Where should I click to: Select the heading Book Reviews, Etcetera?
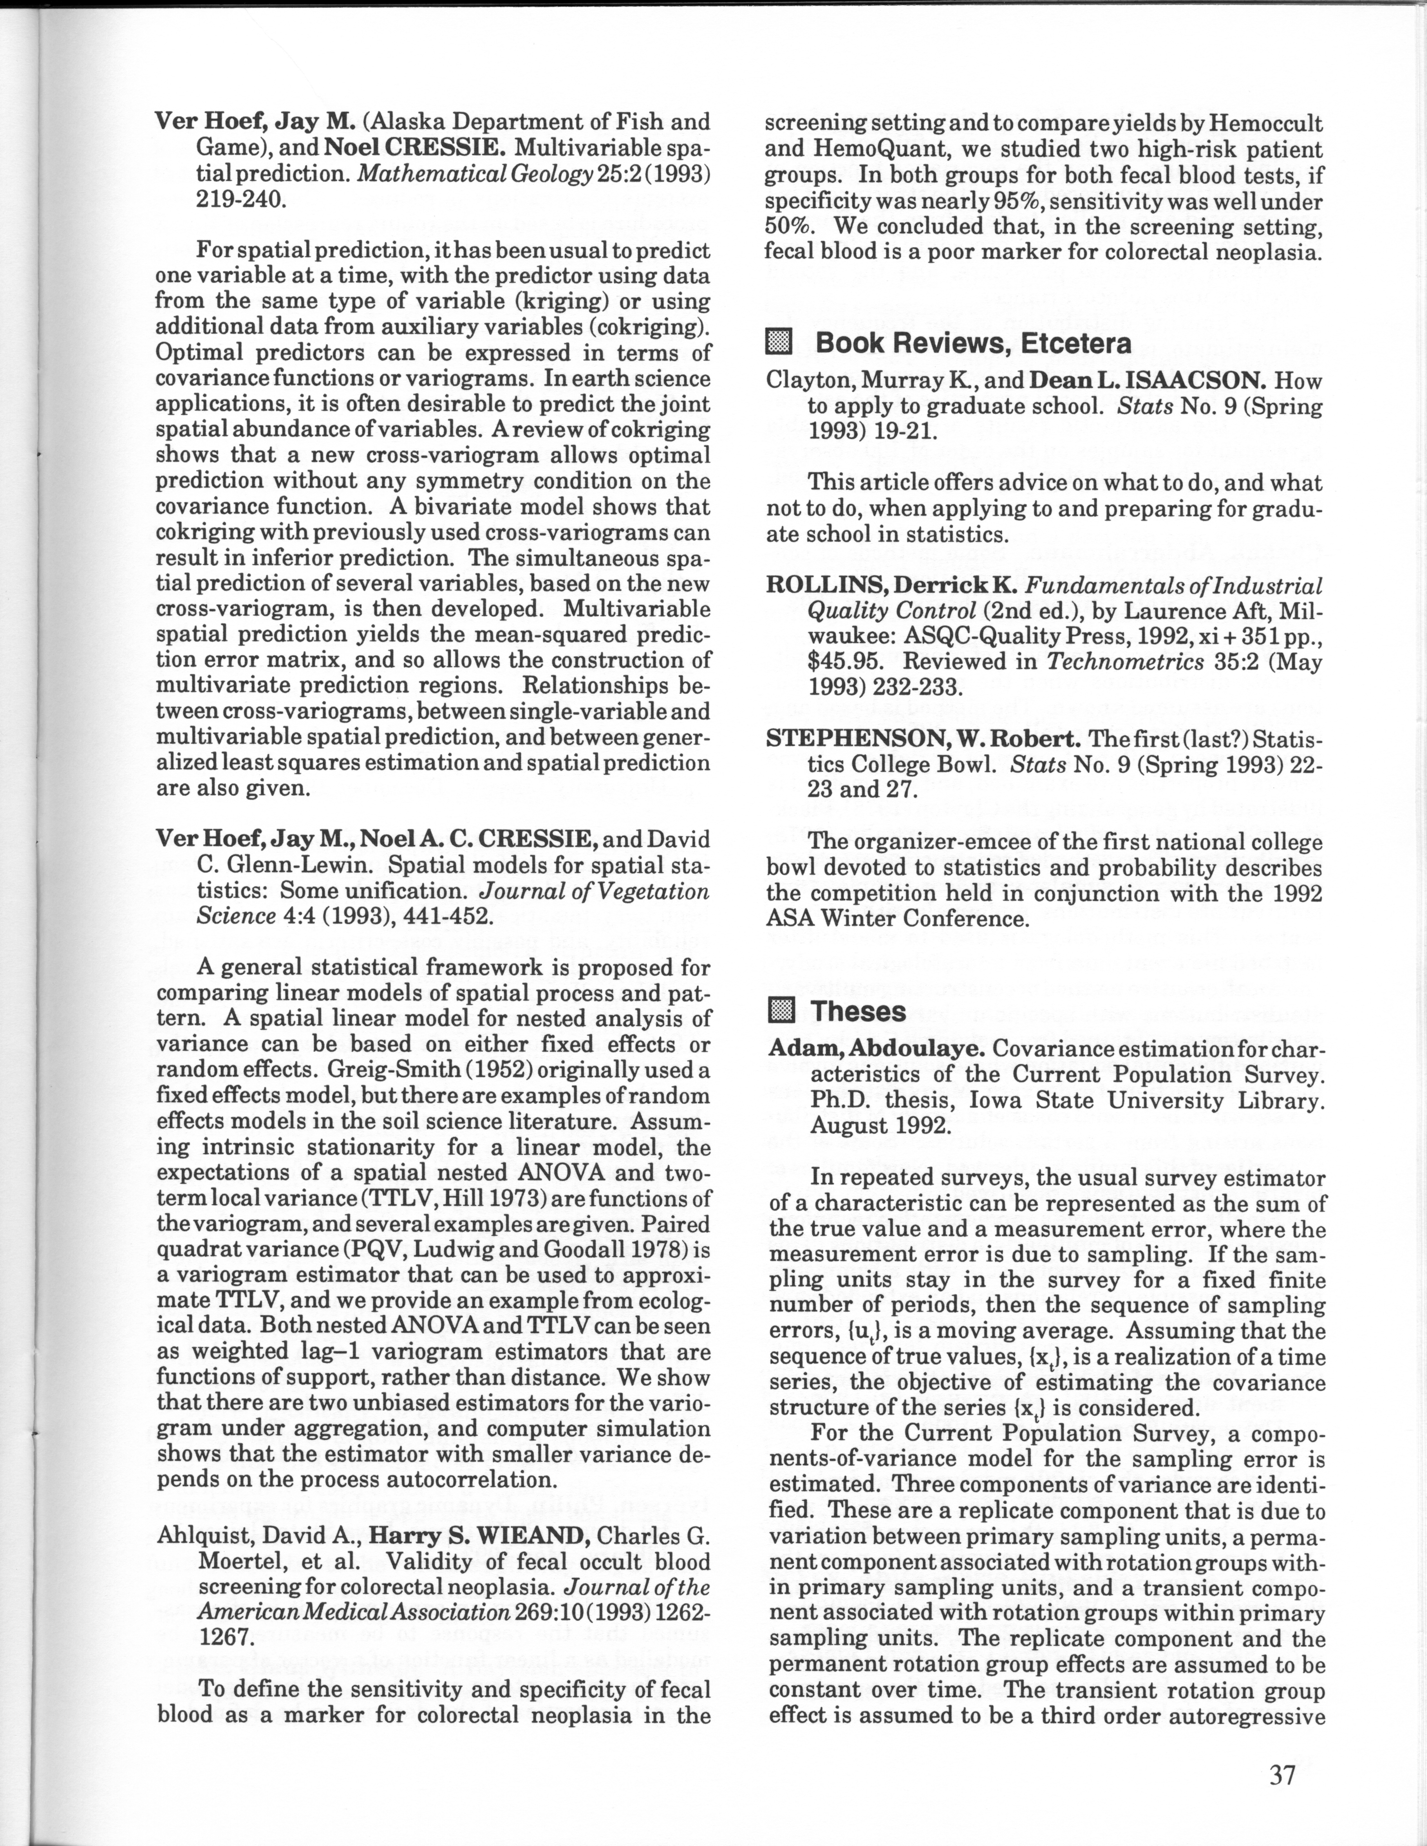[x=972, y=343]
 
